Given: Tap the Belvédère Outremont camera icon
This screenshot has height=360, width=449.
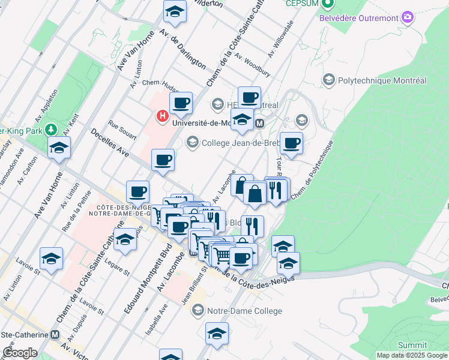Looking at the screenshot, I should point(408,17).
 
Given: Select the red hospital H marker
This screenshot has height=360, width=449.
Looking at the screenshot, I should point(161,116).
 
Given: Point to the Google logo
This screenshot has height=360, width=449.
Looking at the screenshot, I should point(20,353).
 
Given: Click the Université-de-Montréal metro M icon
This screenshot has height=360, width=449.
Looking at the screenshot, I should point(260,124).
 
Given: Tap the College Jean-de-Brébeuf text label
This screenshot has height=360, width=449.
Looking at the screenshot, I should point(240,143).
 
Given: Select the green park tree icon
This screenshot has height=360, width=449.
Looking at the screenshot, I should point(51,129).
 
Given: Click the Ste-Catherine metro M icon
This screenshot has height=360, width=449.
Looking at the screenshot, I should point(55,334).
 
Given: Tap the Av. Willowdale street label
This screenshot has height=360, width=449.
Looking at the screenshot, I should point(280,39).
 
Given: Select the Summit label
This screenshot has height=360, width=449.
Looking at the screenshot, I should point(413,345).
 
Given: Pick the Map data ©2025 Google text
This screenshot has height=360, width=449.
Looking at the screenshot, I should point(412,355).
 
